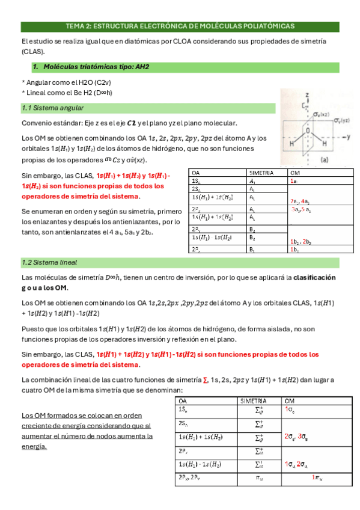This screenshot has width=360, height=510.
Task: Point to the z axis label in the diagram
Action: click(307, 95)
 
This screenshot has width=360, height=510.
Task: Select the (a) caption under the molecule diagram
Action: click(325, 160)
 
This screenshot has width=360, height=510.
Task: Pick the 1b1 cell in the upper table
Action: click(294, 249)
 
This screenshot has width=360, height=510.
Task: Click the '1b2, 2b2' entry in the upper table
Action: click(300, 241)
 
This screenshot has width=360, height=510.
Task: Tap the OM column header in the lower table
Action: click(289, 401)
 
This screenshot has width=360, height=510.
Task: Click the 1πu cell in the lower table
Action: click(319, 478)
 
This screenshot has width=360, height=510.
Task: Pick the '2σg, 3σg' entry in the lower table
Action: click(296, 437)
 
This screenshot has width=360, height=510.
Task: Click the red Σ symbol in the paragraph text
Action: click(206, 380)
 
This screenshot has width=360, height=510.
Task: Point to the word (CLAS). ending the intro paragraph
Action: click(31, 52)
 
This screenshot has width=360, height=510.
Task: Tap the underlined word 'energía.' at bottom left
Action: click(34, 447)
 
